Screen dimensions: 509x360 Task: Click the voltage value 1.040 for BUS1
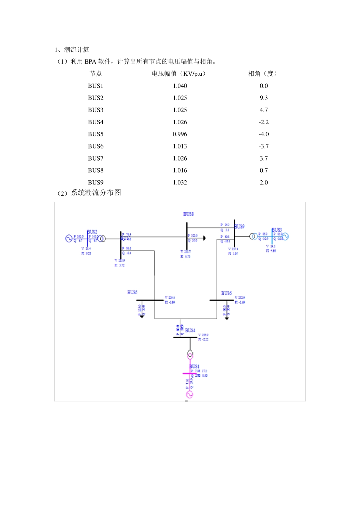tap(180, 86)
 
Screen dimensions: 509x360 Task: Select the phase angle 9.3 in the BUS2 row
tap(264, 98)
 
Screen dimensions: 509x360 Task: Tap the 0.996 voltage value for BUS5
tap(180, 134)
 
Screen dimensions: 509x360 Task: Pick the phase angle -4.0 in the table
tap(264, 134)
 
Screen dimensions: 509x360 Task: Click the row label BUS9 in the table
tap(95, 183)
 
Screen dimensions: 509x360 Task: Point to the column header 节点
tap(95, 73)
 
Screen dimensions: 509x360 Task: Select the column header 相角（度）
tap(263, 73)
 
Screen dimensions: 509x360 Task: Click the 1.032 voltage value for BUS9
tap(180, 183)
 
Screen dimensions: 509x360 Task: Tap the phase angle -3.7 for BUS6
tap(264, 147)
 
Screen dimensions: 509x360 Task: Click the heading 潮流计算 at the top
tap(77, 50)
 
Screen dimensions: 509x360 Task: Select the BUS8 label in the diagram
tap(188, 214)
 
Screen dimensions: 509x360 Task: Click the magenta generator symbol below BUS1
tap(190, 395)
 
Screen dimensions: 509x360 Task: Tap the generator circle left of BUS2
tap(69, 238)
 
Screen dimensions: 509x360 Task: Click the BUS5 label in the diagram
tap(132, 293)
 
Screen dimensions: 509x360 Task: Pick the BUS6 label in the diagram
tap(226, 294)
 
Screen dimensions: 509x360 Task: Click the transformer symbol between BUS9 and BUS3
tap(253, 237)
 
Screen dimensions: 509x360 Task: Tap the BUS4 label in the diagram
tap(190, 331)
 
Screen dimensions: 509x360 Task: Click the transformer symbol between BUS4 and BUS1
tap(190, 354)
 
